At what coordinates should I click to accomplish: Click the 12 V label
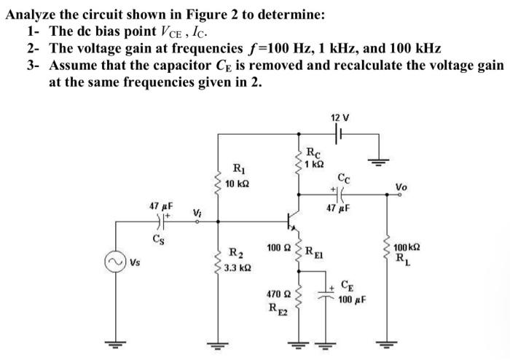(x=340, y=117)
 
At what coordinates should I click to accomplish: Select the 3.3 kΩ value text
(x=239, y=268)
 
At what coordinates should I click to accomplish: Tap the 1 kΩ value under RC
(x=314, y=163)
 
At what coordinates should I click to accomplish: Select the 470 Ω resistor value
(x=277, y=294)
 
